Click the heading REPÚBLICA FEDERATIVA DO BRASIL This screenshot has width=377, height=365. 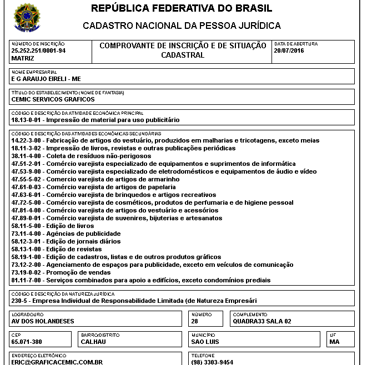[x=182, y=8]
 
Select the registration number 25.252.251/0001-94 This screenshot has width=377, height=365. [x=38, y=50]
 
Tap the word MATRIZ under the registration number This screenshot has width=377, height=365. [x=23, y=58]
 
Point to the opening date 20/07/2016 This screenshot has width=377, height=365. [x=289, y=50]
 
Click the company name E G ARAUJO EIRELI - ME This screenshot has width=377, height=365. [x=46, y=79]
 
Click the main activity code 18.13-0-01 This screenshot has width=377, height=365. [x=27, y=120]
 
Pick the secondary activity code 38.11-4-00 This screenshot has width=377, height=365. [x=27, y=156]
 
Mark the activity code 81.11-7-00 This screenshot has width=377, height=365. [x=27, y=280]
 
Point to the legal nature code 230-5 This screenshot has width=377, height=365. [x=20, y=301]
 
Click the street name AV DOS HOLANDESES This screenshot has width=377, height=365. [x=43, y=321]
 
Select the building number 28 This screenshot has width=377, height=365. [x=194, y=321]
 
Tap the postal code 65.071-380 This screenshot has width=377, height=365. [x=26, y=342]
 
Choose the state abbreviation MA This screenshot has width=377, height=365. [x=334, y=342]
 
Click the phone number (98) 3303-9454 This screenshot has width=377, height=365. [x=212, y=362]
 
